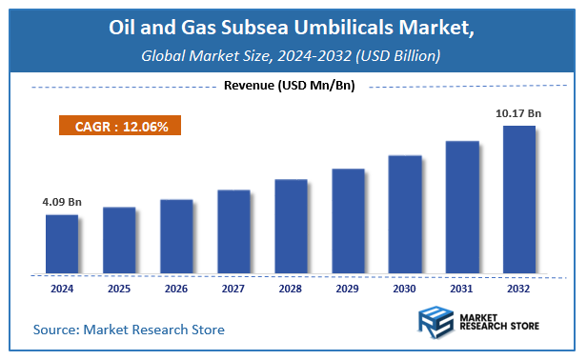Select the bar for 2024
[x=62, y=243]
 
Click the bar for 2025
[x=119, y=239]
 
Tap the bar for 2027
[x=233, y=230]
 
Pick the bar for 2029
[x=348, y=220]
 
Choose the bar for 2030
[x=405, y=213]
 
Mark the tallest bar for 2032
[x=519, y=198]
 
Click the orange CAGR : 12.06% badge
[x=120, y=126]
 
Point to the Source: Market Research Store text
[x=129, y=330]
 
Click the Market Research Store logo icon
[x=435, y=325]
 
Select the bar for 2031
[x=462, y=206]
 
